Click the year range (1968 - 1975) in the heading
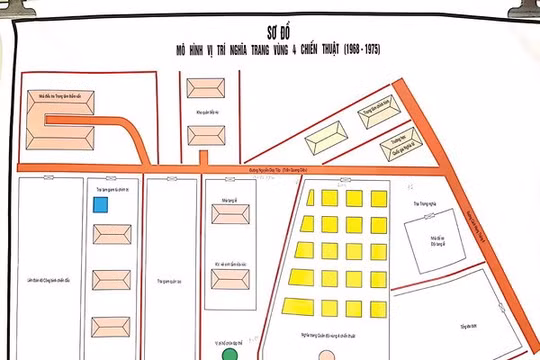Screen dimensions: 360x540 (358, 48)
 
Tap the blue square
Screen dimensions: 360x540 (100, 205)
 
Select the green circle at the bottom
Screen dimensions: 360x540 (230, 353)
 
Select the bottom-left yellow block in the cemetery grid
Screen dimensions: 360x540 (294, 306)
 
